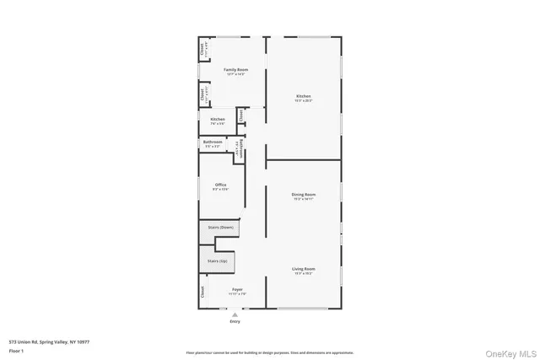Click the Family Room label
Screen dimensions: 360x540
(x=235, y=69)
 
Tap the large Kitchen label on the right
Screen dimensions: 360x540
(x=304, y=96)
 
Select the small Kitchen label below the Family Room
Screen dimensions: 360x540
(x=218, y=120)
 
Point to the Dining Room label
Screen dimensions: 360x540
(x=304, y=195)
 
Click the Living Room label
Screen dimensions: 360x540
(x=304, y=269)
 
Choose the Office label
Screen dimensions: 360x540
(x=220, y=185)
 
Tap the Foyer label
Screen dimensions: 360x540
(x=238, y=289)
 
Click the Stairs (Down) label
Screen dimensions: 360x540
(x=220, y=228)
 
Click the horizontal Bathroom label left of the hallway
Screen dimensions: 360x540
(x=213, y=142)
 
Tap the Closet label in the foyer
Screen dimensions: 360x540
(x=203, y=292)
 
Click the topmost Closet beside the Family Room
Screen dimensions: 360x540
(x=202, y=50)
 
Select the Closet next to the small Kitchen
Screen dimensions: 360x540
(x=241, y=116)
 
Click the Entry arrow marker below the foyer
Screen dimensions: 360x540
(x=234, y=314)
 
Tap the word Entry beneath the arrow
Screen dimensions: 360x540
(x=234, y=322)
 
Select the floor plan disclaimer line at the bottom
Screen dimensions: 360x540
(x=270, y=352)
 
